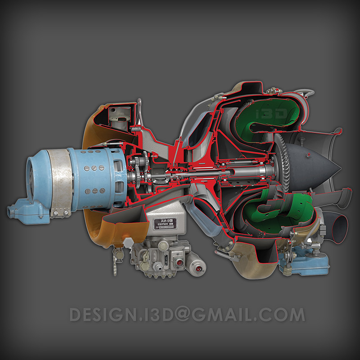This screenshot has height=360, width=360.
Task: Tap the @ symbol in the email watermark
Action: [x=180, y=315]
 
